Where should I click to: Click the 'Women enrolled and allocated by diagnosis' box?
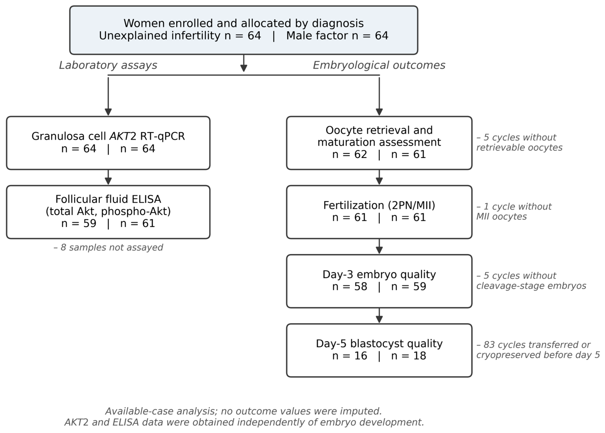[x=243, y=30]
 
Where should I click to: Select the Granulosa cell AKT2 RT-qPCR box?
[x=108, y=143]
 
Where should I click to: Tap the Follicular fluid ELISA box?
[x=108, y=212]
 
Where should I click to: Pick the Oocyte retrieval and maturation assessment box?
[x=379, y=143]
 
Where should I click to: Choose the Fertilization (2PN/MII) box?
[x=379, y=212]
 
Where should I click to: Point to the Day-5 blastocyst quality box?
[x=379, y=350]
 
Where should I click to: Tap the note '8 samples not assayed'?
[x=108, y=247]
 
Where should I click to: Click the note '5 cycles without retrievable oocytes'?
[x=519, y=142]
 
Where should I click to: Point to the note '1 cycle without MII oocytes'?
[x=514, y=212]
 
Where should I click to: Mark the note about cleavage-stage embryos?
[x=531, y=281]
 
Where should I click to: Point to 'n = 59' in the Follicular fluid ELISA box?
[x=79, y=224]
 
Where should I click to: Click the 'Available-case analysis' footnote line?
[x=243, y=411]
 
